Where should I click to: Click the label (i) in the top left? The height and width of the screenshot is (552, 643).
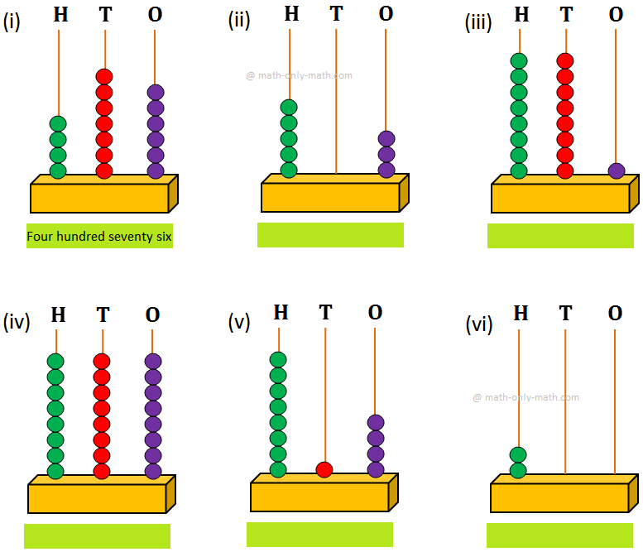(12, 22)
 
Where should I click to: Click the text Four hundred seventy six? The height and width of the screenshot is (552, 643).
(99, 237)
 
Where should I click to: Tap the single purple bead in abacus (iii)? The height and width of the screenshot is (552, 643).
(616, 171)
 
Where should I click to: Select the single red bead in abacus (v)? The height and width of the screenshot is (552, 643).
(324, 469)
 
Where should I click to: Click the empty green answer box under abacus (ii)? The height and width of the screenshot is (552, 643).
(330, 235)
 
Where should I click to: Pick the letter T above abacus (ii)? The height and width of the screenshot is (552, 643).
(335, 14)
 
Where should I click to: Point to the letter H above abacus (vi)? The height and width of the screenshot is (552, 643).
(521, 313)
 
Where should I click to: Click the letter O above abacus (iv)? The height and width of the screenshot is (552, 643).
(152, 315)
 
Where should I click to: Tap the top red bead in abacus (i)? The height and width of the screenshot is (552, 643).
(104, 77)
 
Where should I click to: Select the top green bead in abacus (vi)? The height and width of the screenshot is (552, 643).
(518, 454)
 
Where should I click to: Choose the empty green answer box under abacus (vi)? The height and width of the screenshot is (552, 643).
(559, 535)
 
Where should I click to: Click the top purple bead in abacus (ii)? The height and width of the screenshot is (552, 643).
(386, 138)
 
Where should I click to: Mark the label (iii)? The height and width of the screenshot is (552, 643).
(478, 22)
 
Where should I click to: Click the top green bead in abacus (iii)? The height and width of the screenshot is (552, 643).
(519, 60)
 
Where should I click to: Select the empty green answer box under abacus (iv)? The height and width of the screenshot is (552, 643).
(97, 536)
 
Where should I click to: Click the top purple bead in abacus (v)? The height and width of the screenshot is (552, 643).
(376, 422)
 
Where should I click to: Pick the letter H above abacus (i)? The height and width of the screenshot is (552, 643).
(60, 14)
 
